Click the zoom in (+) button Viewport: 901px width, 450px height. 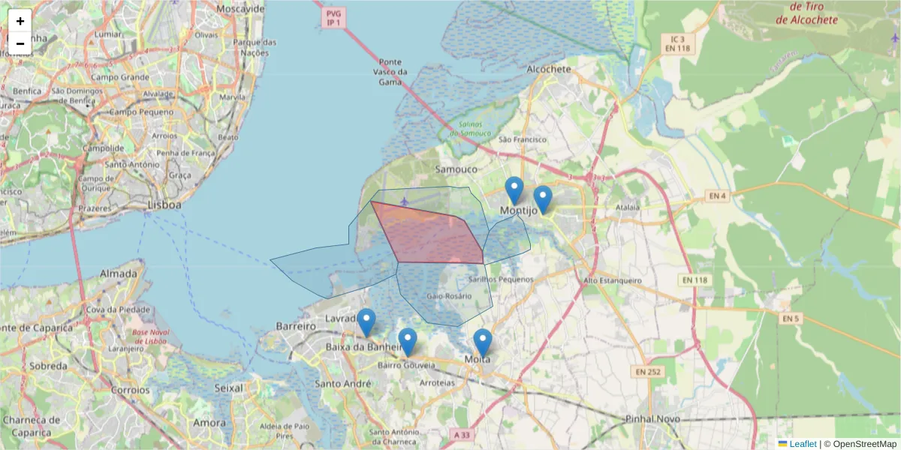coord(20,21)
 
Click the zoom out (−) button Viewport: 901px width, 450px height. coord(20,43)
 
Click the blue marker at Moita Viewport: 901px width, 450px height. coord(483,343)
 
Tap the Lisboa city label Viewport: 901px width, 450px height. coord(165,204)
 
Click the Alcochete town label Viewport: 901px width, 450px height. coord(550,69)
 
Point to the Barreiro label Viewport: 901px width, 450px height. coord(296,327)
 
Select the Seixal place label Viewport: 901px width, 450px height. coord(229,388)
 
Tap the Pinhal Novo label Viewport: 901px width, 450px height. coord(652,418)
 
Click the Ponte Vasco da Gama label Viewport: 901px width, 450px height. coord(390,72)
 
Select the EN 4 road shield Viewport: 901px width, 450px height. coord(718,196)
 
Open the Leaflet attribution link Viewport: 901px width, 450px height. coord(802,444)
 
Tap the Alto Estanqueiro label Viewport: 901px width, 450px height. coord(613,280)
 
